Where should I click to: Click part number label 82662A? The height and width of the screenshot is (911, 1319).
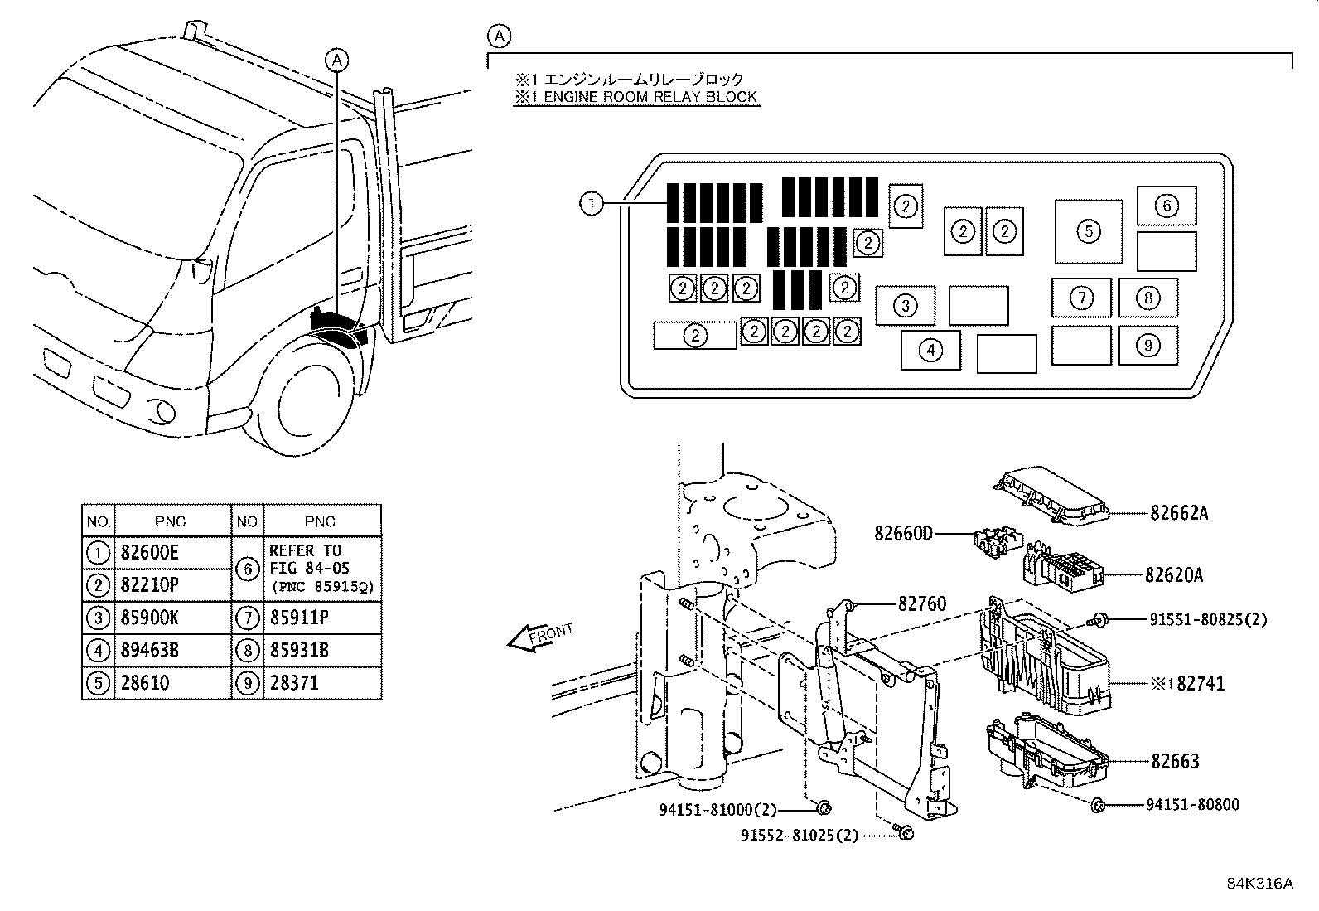coord(1178,513)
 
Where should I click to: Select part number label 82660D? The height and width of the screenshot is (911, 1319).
coord(903,533)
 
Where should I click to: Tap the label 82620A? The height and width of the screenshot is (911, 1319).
coord(1174,574)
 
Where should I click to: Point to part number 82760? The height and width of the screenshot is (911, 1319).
coord(921,604)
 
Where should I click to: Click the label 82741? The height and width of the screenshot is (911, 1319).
coord(1201,684)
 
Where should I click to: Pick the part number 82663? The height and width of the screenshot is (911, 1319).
coord(1174,761)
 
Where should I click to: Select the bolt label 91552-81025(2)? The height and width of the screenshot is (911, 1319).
coord(800,836)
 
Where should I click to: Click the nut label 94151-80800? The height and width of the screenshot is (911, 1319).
coord(1193,804)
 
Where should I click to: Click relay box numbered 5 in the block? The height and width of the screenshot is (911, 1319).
coord(1089,231)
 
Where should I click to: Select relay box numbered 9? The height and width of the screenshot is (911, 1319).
coord(1147,345)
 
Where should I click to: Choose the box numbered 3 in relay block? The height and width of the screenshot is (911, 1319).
coord(906,306)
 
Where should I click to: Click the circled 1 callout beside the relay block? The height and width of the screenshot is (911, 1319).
coord(591,203)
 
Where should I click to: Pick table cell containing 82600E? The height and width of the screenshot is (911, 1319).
coord(150,552)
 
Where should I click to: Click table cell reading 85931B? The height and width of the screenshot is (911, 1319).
coord(299,651)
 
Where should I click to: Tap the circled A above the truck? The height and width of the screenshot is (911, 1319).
coord(336,59)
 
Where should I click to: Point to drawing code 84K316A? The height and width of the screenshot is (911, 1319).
coord(1259,883)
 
